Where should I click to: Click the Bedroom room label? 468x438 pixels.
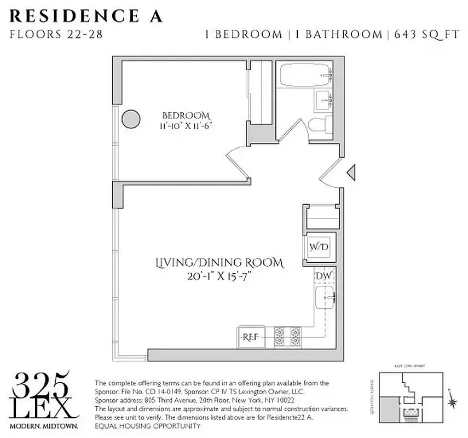[x=186, y=116]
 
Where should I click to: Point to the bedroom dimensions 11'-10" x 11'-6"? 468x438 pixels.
[x=186, y=125]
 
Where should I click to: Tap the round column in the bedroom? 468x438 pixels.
[x=130, y=118]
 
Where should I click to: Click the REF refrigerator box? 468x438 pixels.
[x=251, y=337]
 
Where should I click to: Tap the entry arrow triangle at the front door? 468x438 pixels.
[x=353, y=172]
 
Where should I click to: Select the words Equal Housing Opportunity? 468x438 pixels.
[x=148, y=426]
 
